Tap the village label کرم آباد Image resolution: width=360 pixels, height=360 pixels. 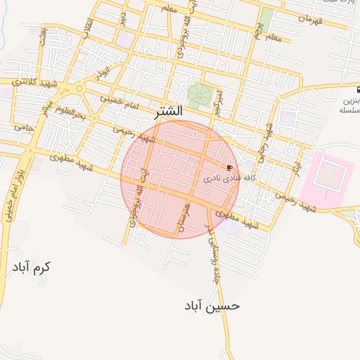pos(32,267)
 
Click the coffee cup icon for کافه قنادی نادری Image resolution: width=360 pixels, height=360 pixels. pos(230,167)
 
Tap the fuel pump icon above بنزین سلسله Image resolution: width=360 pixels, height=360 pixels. pos(357,91)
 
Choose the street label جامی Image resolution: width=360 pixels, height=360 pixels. pos(23,127)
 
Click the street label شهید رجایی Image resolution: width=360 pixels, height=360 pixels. pos(269,141)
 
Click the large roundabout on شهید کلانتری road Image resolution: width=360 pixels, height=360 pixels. pos(77,89)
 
